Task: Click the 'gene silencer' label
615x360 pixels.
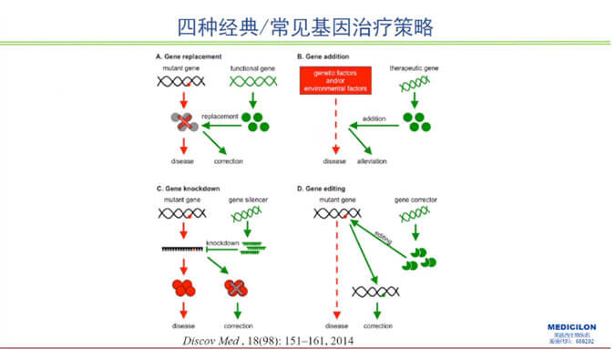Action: (243, 199)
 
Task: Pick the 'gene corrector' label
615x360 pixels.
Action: (414, 199)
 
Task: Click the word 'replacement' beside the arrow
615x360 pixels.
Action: (219, 116)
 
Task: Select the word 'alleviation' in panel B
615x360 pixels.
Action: (374, 161)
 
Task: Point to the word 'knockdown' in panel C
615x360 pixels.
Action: (222, 243)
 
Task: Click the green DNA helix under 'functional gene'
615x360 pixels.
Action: (251, 81)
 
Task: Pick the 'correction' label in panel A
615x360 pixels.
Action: (227, 161)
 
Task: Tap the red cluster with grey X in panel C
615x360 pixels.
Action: (238, 288)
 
